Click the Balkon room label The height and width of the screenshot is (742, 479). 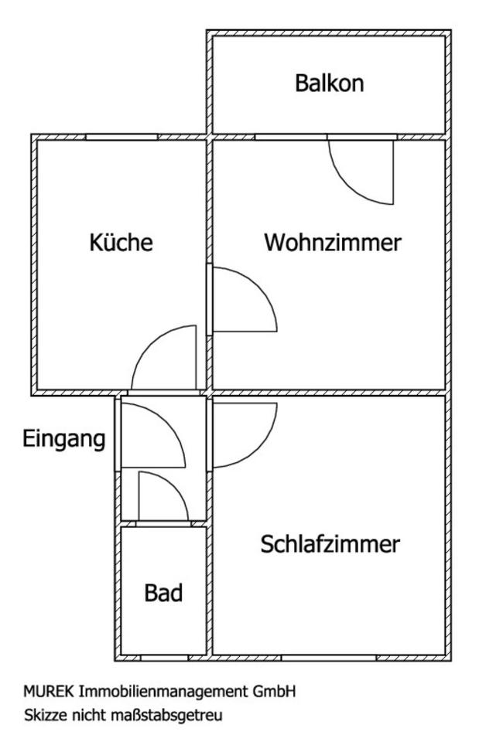pyautogui.click(x=329, y=83)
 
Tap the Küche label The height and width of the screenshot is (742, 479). pyautogui.click(x=121, y=243)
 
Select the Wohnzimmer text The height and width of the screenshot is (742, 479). pyautogui.click(x=333, y=243)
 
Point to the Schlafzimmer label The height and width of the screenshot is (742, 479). pyautogui.click(x=330, y=544)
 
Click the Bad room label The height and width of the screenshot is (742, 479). pyautogui.click(x=164, y=594)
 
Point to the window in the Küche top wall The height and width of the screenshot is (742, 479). pyautogui.click(x=121, y=137)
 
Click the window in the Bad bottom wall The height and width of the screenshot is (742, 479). pyautogui.click(x=164, y=658)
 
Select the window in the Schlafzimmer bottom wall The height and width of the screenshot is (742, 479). pyautogui.click(x=329, y=658)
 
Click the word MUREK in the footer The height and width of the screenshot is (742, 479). pyautogui.click(x=43, y=690)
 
